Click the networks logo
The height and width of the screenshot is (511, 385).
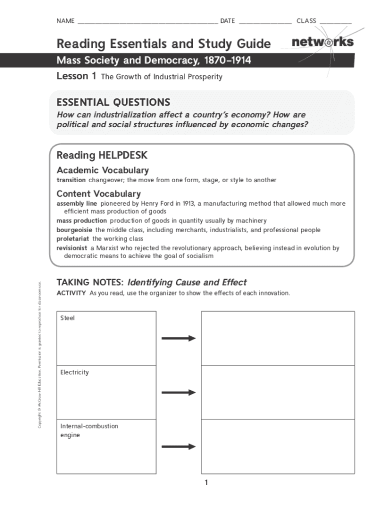pyautogui.click(x=322, y=42)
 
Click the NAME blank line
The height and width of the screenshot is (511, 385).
pyautogui.click(x=147, y=22)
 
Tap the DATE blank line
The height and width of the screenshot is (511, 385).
pyautogui.click(x=265, y=22)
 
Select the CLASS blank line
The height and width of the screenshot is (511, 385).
pyautogui.click(x=335, y=22)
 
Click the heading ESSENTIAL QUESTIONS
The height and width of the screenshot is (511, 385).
pyautogui.click(x=113, y=102)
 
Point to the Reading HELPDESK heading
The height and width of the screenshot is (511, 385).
pyautogui.click(x=102, y=155)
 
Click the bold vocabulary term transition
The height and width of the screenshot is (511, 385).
pyautogui.click(x=71, y=180)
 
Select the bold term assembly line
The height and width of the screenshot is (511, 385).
pyautogui.click(x=76, y=204)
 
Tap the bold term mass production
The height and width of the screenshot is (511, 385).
pyautogui.click(x=81, y=221)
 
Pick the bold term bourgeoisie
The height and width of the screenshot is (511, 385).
pyautogui.click(x=74, y=230)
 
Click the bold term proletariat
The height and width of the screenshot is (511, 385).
pyautogui.click(x=73, y=239)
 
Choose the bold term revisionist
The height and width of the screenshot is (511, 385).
pyautogui.click(x=72, y=248)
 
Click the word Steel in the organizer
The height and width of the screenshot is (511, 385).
pyautogui.click(x=67, y=318)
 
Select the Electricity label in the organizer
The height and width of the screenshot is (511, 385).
pyautogui.click(x=74, y=372)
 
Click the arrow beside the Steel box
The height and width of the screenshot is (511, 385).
pyautogui.click(x=178, y=338)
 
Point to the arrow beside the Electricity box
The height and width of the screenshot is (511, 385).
pyautogui.click(x=178, y=392)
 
